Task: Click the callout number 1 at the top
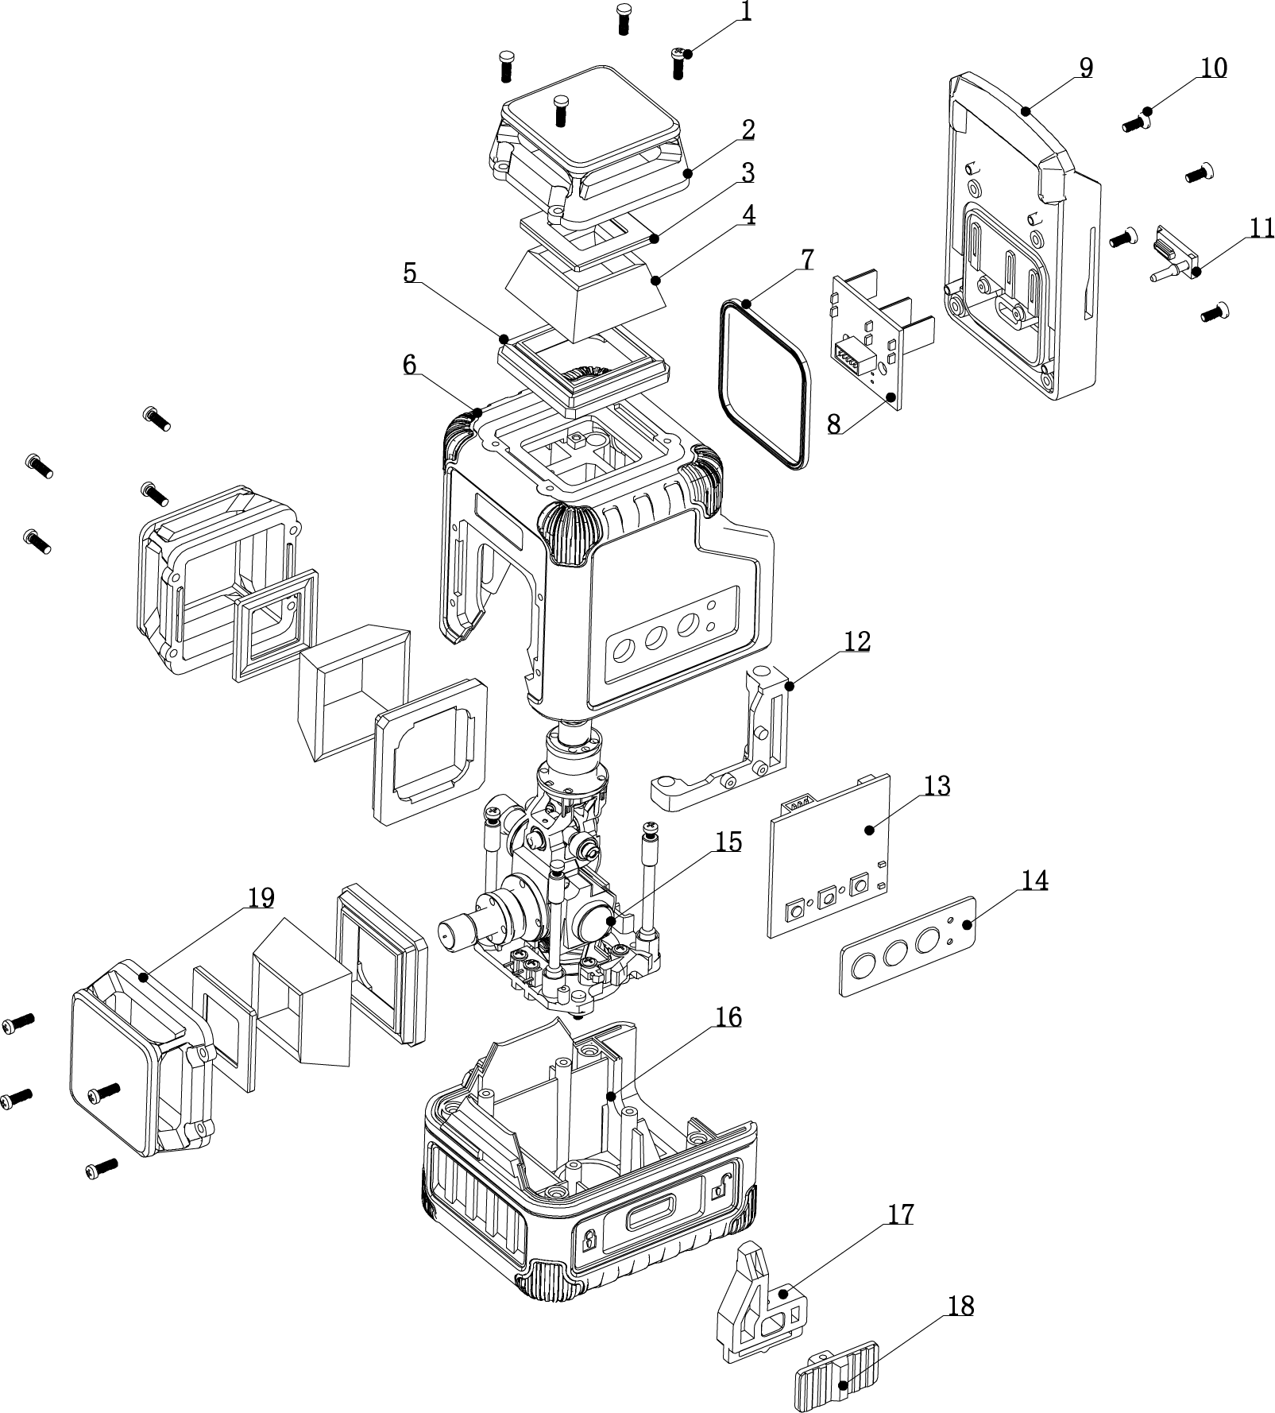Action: [x=745, y=11]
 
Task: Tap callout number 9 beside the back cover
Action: [x=1085, y=68]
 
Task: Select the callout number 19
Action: [x=261, y=898]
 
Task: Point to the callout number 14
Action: [x=1034, y=881]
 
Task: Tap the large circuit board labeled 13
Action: [x=829, y=855]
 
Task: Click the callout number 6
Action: [x=409, y=365]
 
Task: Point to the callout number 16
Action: [x=728, y=1017]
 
